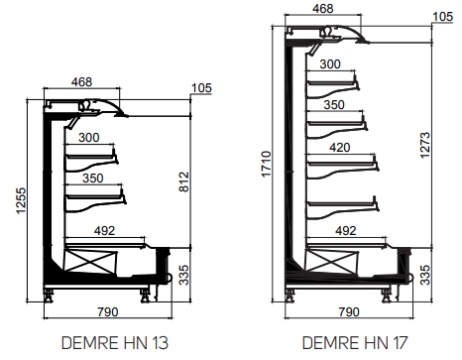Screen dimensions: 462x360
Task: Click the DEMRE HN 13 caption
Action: tap(115, 343)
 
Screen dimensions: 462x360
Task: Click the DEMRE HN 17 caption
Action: tap(355, 343)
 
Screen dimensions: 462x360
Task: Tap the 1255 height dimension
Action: tap(21, 200)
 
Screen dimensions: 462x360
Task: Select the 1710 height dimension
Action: tap(267, 165)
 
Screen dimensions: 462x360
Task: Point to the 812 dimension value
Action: tap(184, 181)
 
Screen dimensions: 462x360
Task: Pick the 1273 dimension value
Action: tap(425, 146)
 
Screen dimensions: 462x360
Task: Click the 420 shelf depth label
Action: tap(340, 148)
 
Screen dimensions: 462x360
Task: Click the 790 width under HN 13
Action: tap(108, 311)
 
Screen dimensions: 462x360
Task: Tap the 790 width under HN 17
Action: tap(349, 311)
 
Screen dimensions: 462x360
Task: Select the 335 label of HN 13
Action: tap(184, 275)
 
